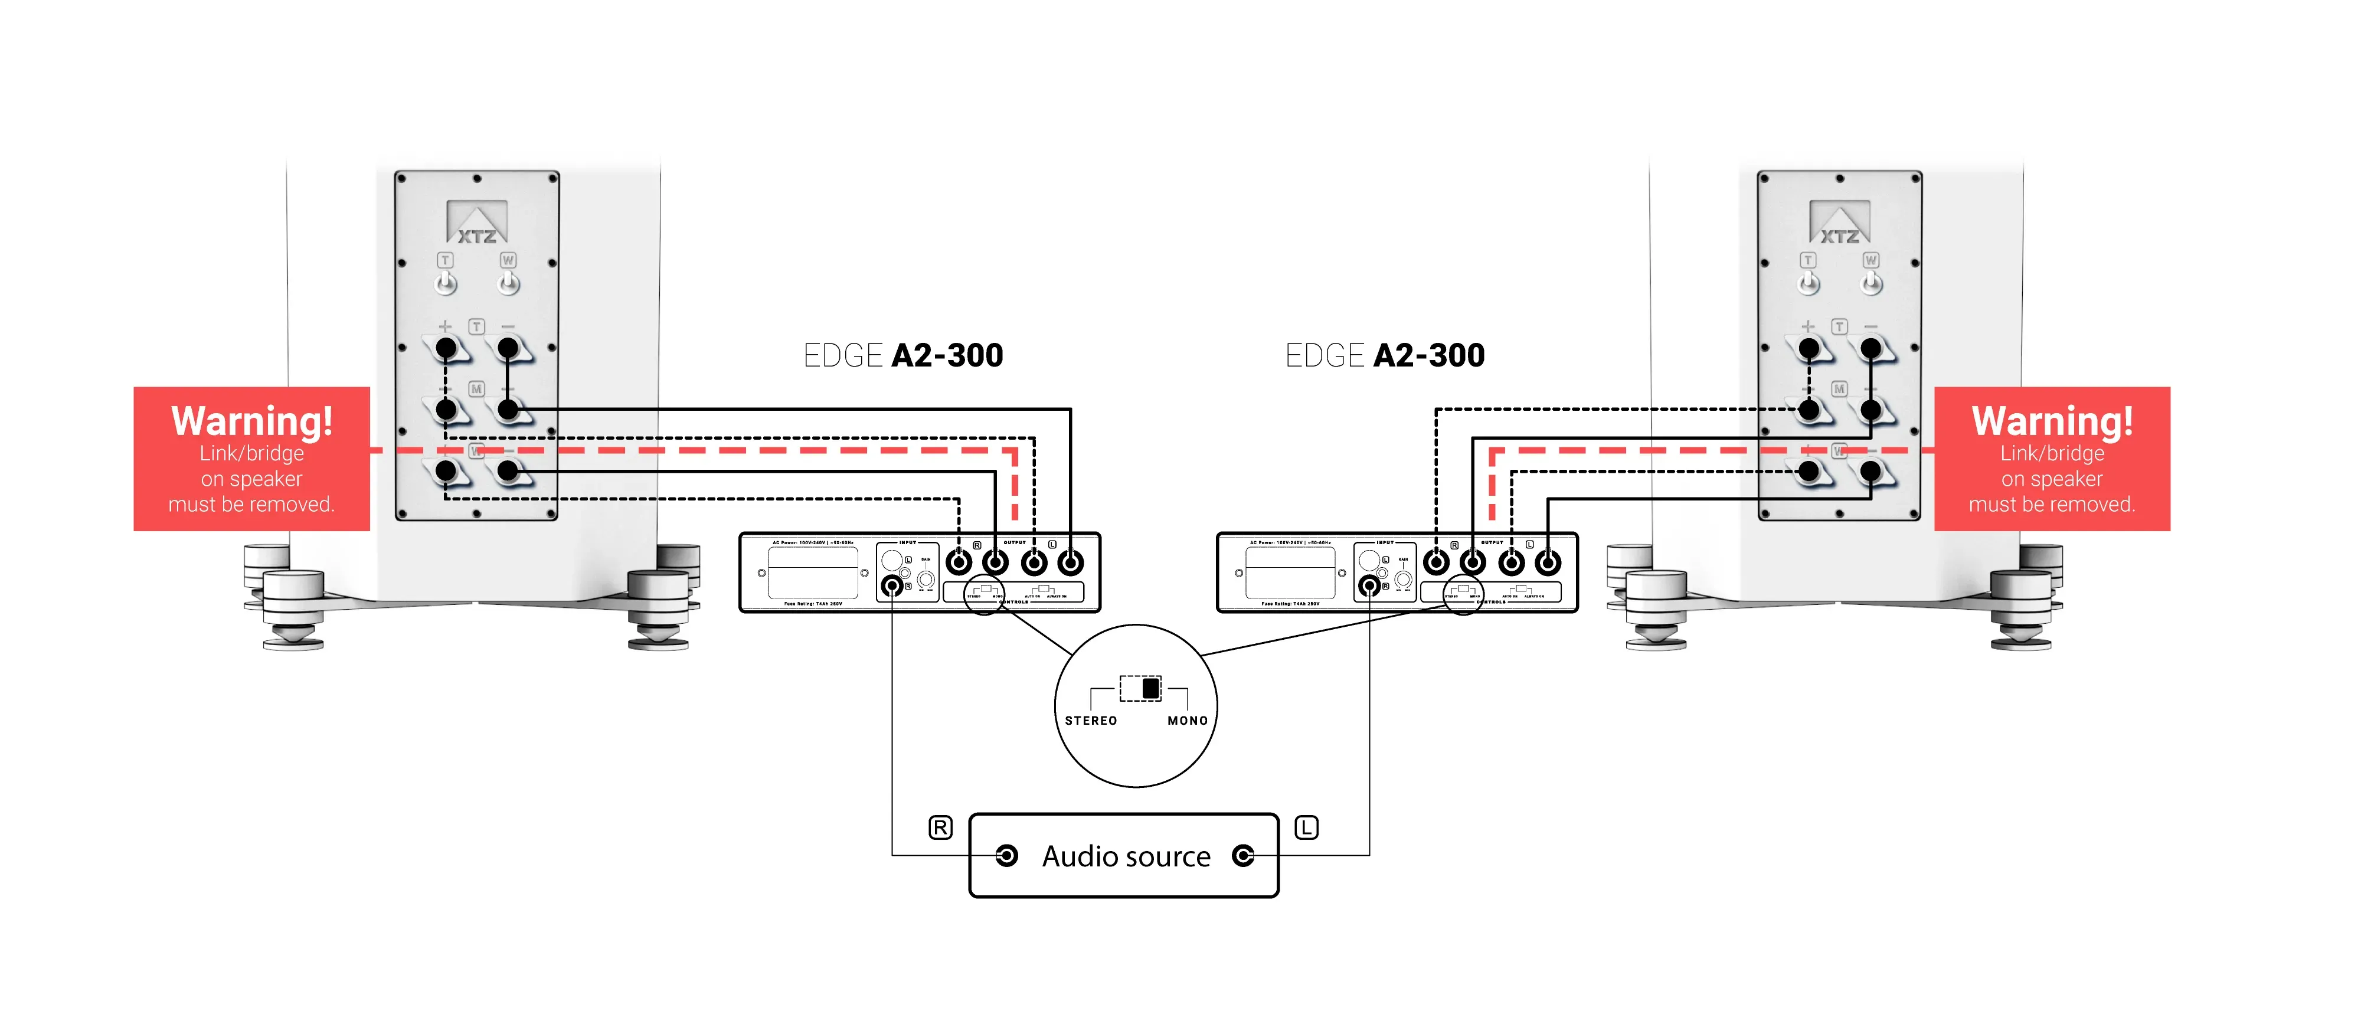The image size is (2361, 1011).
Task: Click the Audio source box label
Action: (1126, 856)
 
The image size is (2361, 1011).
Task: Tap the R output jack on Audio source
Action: (1006, 856)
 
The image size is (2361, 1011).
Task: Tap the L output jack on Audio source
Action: (1243, 856)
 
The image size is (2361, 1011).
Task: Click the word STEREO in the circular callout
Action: (1091, 721)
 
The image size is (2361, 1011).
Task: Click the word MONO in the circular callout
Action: (1187, 721)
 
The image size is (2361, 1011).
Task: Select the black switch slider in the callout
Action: (1150, 688)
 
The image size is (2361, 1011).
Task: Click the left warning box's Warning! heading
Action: (252, 421)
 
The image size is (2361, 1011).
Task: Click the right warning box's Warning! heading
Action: (2052, 421)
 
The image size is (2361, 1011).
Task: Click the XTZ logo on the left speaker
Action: (476, 224)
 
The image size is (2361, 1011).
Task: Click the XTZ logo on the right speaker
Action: (1839, 224)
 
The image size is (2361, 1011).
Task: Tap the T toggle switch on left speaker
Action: (446, 282)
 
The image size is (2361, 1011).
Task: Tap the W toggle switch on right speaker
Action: (1872, 282)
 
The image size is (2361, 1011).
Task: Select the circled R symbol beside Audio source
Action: (940, 827)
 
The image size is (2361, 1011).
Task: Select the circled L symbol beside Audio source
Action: (1306, 827)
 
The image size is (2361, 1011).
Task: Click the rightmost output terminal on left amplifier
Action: (1071, 562)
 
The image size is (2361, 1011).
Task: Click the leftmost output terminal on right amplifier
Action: (1436, 562)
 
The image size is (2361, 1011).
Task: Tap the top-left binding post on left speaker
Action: (446, 348)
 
